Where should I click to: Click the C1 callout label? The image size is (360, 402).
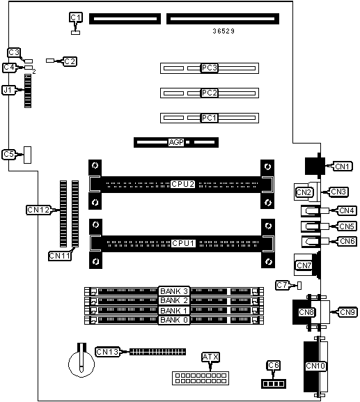coord(76,17)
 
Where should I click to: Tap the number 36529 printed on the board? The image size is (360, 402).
coord(224,31)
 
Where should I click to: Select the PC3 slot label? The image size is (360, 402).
coord(210,68)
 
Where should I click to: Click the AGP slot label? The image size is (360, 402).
coord(176,142)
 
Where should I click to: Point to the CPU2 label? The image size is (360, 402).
coord(183,185)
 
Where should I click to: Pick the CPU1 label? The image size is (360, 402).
coord(183,243)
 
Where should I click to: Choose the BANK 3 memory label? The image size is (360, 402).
coord(174,291)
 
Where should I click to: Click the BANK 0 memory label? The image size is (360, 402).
coord(174,320)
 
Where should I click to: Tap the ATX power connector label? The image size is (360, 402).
coord(210,357)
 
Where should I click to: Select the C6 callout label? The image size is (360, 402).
coord(274,365)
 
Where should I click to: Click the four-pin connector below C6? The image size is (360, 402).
coord(274,384)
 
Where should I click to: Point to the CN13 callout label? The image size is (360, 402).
coord(107,352)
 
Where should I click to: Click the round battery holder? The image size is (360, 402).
coord(81,363)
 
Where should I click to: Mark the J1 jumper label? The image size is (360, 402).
coord(8,90)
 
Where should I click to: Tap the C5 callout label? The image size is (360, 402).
coord(8,155)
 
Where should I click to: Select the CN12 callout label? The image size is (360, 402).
coord(38,210)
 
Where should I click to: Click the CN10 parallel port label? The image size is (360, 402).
coord(315,366)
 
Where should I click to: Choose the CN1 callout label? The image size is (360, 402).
coord(343,167)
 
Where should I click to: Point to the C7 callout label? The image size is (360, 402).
coord(282,285)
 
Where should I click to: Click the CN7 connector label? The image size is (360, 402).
coord(304,265)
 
